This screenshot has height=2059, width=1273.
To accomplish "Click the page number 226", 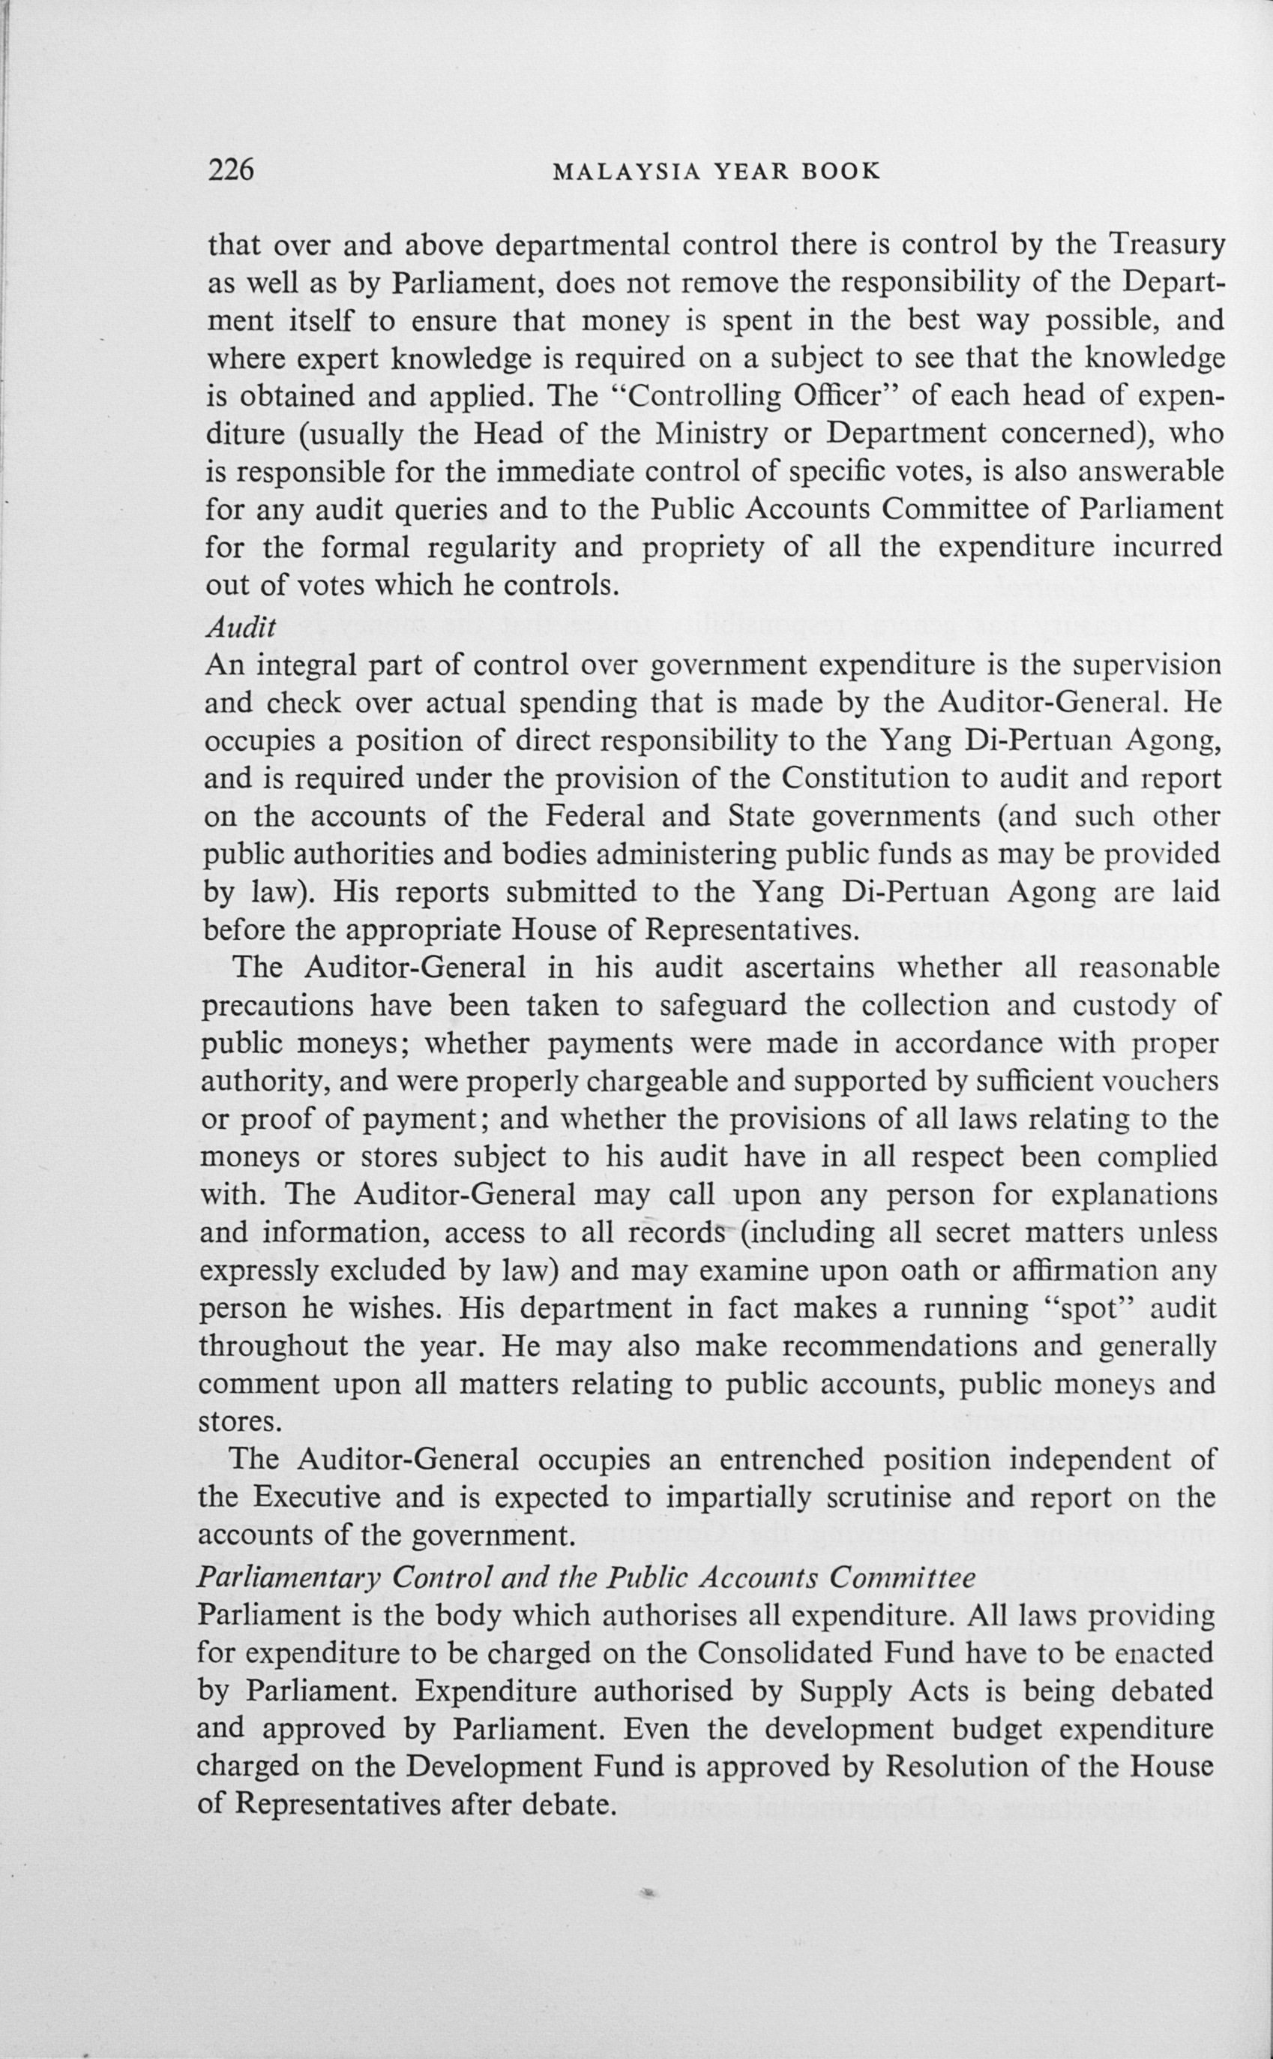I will pos(230,170).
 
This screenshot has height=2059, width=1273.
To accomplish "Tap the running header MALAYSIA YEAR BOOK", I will pos(716,172).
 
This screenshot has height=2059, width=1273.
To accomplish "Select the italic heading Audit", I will pos(241,626).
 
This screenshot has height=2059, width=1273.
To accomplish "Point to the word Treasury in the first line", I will pos(1166,245).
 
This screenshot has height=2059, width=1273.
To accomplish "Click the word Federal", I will pos(595,816).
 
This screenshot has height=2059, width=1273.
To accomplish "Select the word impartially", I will pos(738,1497).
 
